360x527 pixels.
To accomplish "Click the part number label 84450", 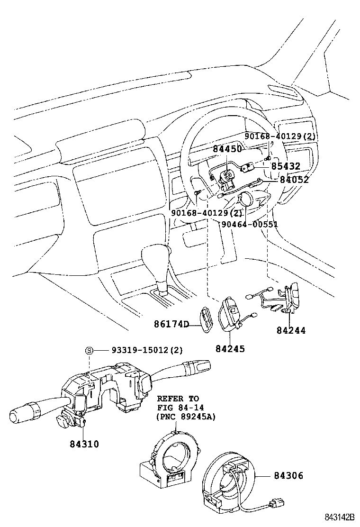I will click(x=227, y=149).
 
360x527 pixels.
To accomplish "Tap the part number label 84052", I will click(x=294, y=180).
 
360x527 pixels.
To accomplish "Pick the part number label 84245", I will click(x=230, y=349).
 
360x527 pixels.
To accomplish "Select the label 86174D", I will click(x=171, y=325).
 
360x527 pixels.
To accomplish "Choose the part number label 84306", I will click(x=288, y=475).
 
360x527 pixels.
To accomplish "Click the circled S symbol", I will click(x=89, y=350).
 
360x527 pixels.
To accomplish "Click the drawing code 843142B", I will click(x=339, y=517).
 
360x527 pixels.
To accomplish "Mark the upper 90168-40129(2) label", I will click(x=280, y=136).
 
